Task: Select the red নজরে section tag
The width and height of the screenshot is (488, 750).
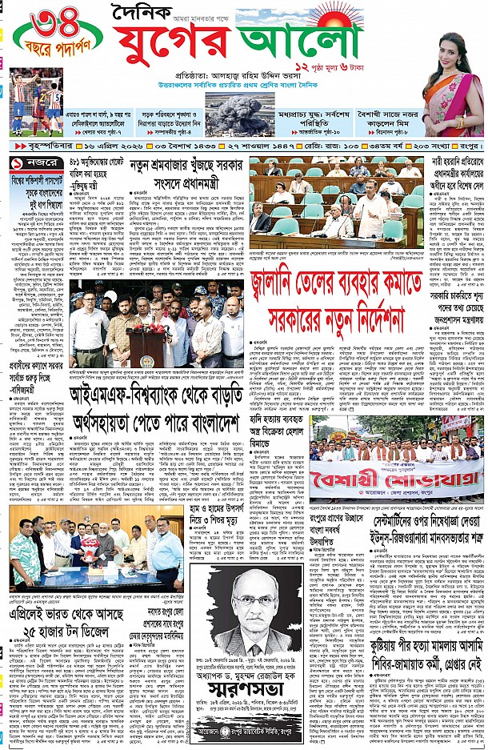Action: pyautogui.click(x=34, y=162)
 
